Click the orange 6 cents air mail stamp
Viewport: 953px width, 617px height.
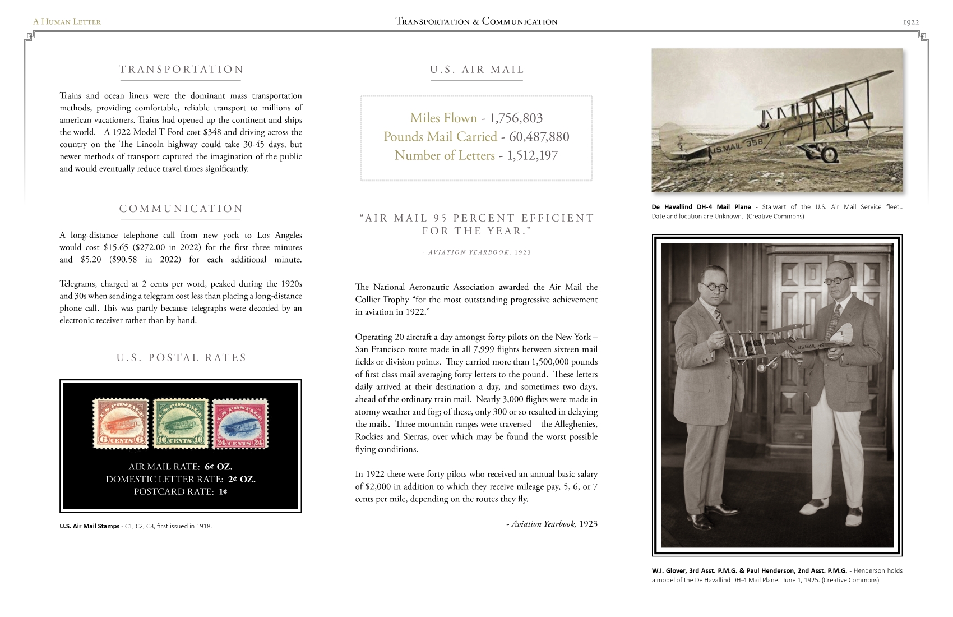[x=121, y=424]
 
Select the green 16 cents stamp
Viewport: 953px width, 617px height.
[x=181, y=423]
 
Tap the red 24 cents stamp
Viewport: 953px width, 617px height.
[x=239, y=424]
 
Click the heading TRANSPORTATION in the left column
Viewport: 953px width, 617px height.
[x=181, y=70]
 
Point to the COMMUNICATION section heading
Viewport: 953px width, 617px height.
[x=181, y=209]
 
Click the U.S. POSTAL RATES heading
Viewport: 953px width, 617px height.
[x=181, y=358]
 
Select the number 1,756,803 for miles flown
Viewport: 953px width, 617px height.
[x=516, y=118]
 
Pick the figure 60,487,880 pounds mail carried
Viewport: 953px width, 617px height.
[x=539, y=137]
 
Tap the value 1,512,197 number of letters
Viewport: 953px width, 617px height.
[x=532, y=155]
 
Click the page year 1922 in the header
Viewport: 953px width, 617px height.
[x=911, y=22]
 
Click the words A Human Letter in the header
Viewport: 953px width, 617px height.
[x=67, y=22]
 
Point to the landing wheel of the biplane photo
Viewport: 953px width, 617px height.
[x=828, y=153]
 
